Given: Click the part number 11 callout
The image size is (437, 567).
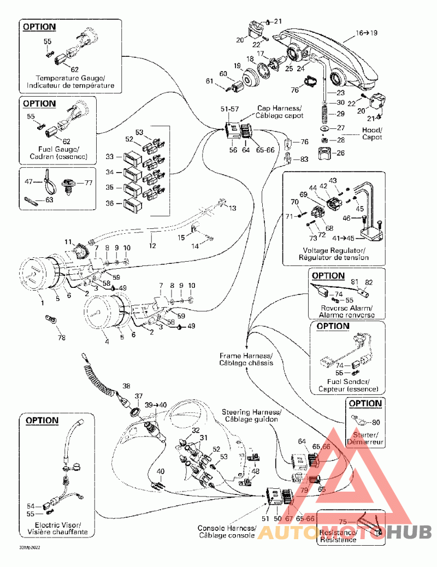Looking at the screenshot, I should tap(68, 241).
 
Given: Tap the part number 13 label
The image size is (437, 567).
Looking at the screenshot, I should tap(233, 208).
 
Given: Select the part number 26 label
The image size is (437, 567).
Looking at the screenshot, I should tap(340, 153).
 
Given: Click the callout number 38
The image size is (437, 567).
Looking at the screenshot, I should tap(127, 386).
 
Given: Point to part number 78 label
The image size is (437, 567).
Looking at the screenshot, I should tap(61, 338).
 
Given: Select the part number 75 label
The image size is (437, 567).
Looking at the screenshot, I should tap(343, 521).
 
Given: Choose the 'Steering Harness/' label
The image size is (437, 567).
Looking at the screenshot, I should tap(251, 411).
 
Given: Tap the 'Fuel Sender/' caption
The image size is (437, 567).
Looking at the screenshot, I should tap(344, 381).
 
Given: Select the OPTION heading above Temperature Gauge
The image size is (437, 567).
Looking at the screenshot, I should tap(39, 26).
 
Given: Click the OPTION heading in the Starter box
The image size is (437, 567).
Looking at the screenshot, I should tap(365, 404).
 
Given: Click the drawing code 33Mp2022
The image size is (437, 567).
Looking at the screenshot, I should tap(29, 547).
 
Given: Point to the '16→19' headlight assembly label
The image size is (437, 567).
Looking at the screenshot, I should tap(367, 33).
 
